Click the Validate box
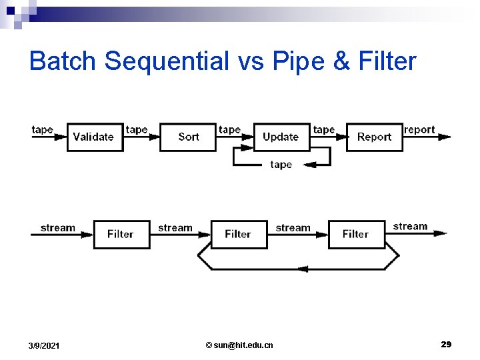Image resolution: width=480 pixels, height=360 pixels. [x=95, y=137]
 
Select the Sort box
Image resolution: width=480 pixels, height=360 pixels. [x=188, y=137]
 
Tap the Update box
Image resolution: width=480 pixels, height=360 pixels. [x=281, y=137]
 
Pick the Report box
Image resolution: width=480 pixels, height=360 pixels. [x=374, y=137]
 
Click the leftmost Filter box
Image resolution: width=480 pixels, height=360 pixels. [x=121, y=234]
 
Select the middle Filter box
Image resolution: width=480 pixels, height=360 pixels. [x=239, y=234]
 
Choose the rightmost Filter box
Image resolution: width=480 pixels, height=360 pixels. [x=357, y=234]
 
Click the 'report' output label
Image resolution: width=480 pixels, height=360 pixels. [x=419, y=129]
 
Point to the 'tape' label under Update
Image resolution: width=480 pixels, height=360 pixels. [x=281, y=165]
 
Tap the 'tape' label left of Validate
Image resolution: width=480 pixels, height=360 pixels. [x=43, y=129]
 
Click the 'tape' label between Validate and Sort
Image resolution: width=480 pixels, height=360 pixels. [x=137, y=129]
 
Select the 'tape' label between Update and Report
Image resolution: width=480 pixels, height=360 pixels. [x=324, y=129]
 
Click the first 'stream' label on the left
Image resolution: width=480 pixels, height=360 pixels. [x=58, y=227]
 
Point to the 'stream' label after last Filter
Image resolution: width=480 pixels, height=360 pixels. [x=410, y=226]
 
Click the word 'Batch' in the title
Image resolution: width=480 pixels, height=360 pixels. [x=63, y=61]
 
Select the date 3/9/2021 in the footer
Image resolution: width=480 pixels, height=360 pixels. [x=44, y=345]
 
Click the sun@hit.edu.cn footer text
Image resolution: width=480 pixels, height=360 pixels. [x=239, y=345]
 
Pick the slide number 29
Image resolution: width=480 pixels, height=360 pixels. [x=446, y=344]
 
